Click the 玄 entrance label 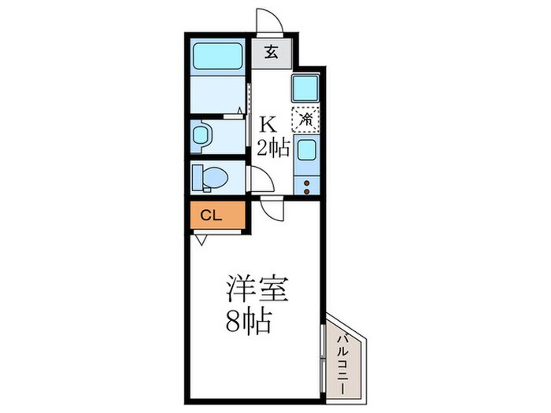click(271, 53)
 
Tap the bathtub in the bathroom click(217, 56)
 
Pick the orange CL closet click(215, 214)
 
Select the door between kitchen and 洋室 click(272, 208)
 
